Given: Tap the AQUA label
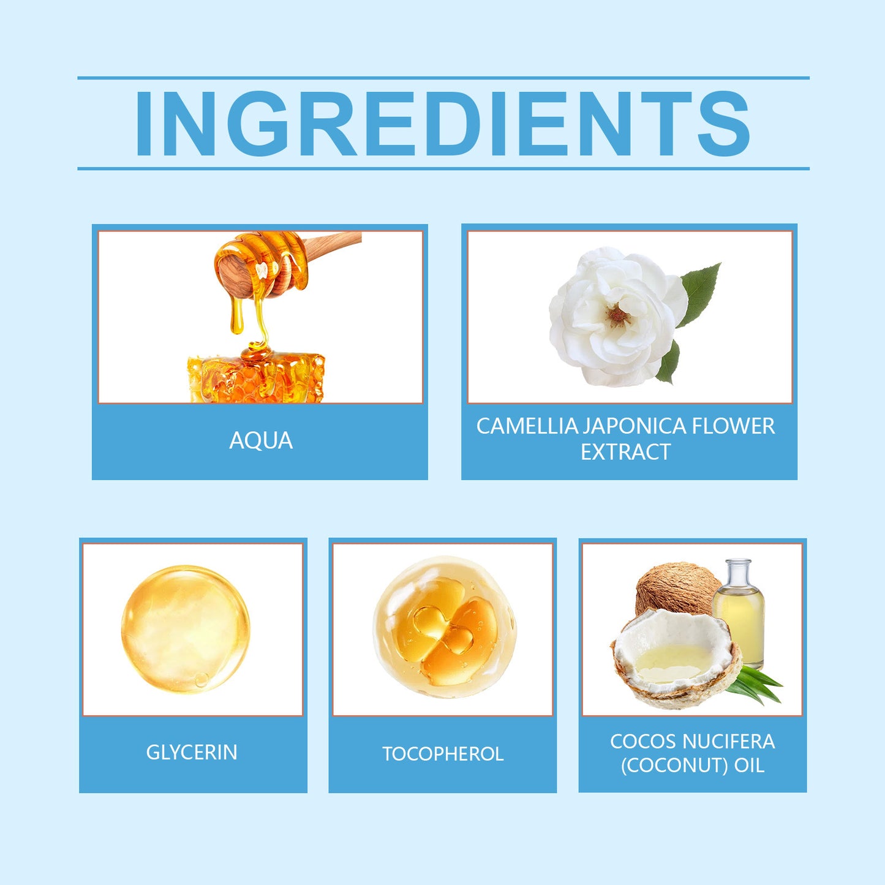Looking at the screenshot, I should pos(261,441).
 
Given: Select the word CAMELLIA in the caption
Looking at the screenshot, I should pos(527,426).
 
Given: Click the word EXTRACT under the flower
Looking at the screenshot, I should pos(625,453).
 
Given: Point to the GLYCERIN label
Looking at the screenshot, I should pos(192,752).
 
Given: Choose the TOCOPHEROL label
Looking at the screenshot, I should pos(443,754).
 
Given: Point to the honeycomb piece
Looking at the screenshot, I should pos(257,377).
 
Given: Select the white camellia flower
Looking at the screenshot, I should pos(616,315).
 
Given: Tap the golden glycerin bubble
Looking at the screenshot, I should pos(185,629).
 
